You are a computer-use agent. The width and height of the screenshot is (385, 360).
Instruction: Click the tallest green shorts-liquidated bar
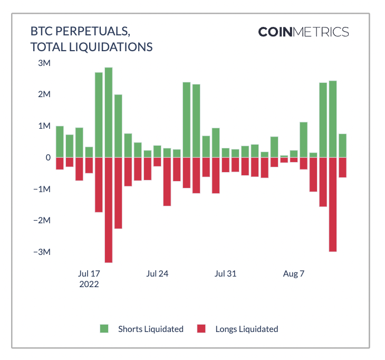108,112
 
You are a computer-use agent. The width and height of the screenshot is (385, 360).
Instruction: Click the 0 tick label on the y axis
47,157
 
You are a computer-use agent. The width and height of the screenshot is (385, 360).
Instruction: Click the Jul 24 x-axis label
157,273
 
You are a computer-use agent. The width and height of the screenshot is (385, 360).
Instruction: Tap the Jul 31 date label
225,273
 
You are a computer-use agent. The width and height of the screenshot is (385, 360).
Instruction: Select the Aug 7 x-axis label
294,273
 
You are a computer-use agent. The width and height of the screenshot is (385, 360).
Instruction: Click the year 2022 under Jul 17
89,284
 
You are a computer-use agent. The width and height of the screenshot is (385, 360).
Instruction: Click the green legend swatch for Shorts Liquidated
104,329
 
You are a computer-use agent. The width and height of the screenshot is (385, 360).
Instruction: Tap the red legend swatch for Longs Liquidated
201,329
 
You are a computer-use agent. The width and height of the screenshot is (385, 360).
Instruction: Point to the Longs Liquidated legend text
246,329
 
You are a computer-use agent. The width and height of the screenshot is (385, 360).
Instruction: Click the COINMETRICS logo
303,32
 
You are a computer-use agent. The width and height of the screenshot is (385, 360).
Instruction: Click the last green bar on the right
342,146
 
